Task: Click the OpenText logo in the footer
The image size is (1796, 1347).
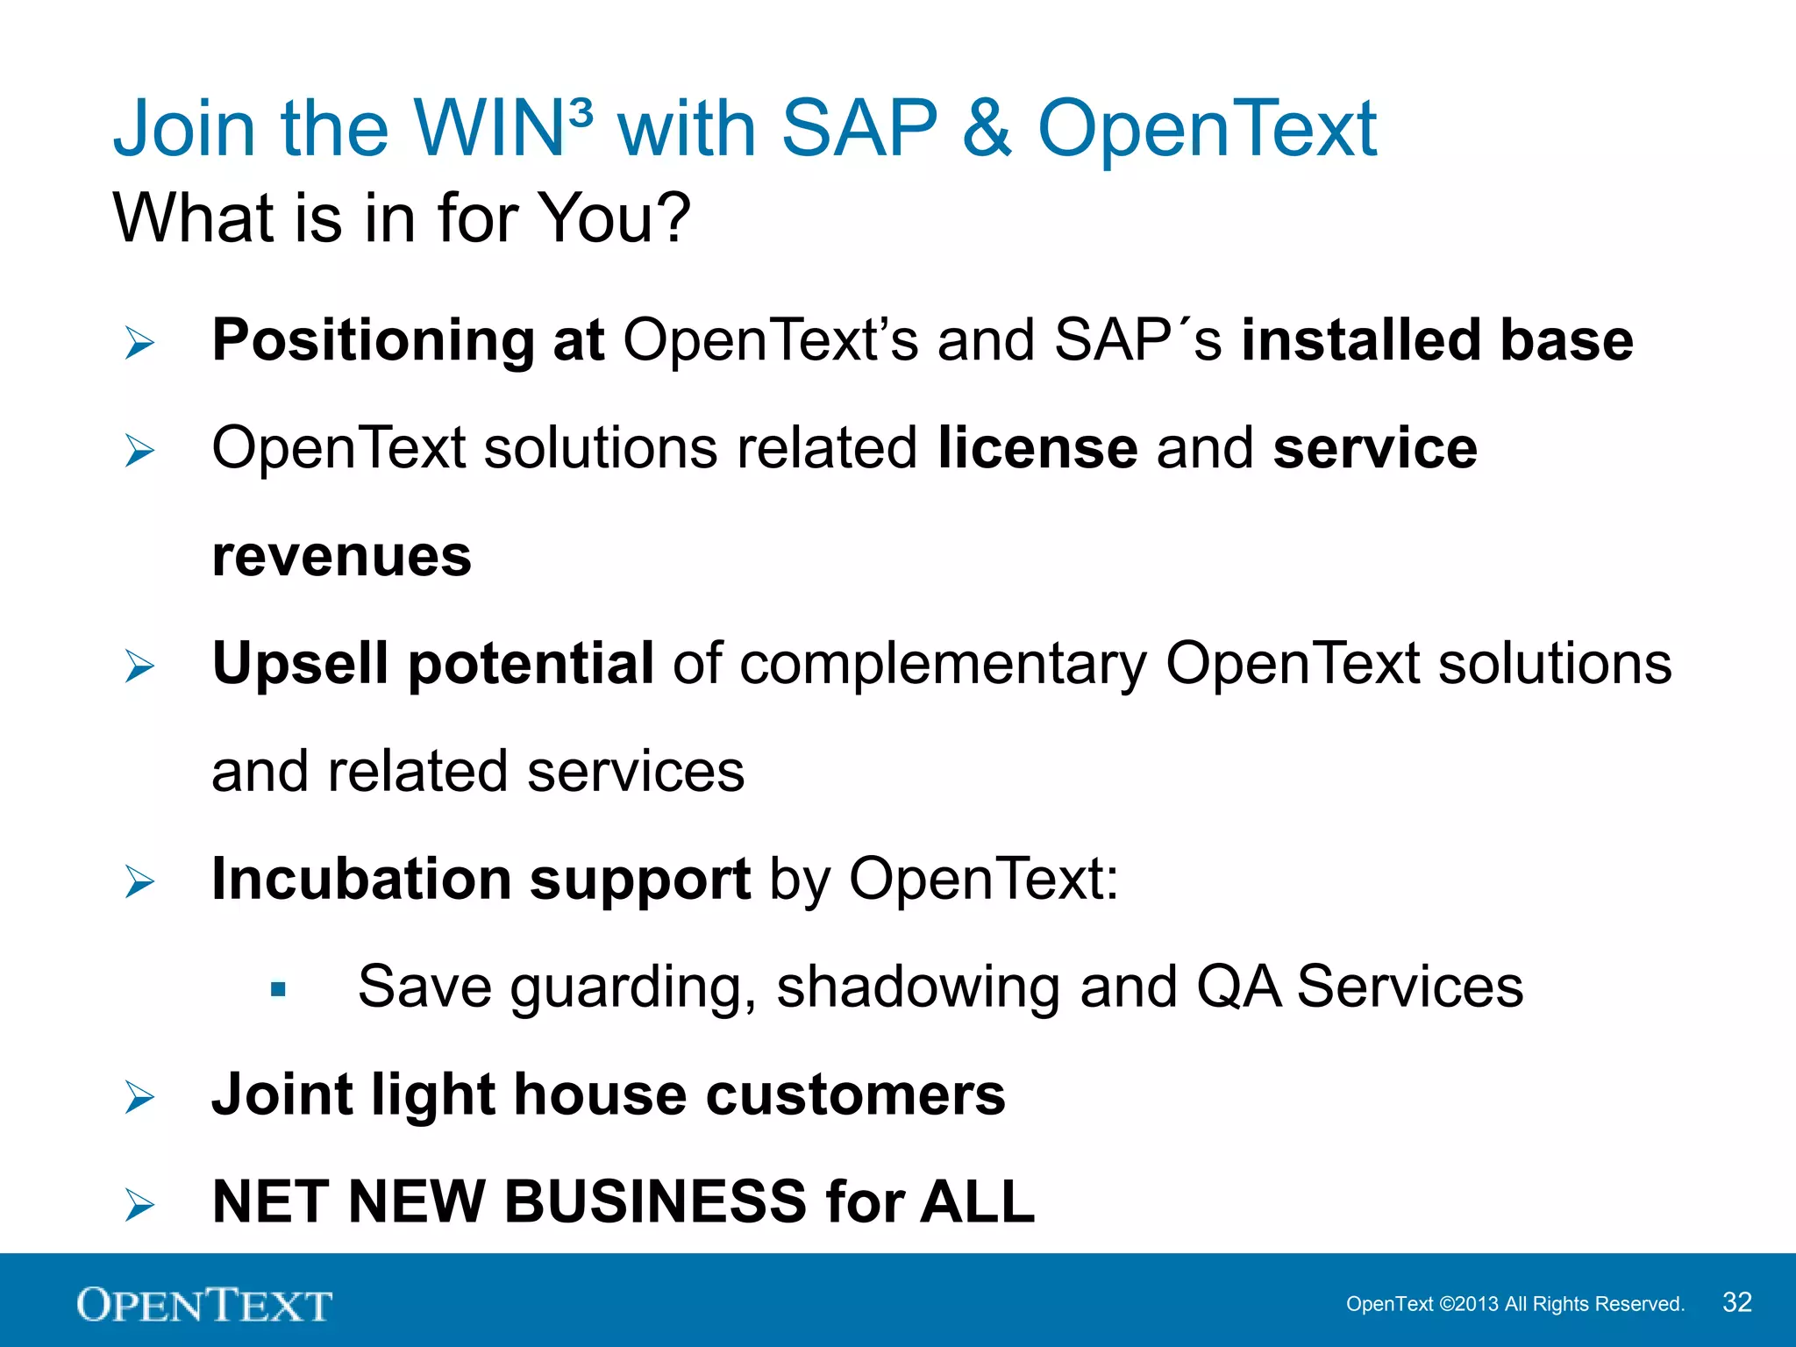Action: [x=203, y=1305]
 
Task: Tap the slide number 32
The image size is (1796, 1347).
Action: [x=1736, y=1302]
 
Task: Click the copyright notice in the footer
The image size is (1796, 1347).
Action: [x=1514, y=1304]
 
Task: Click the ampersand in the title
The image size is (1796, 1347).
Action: [x=987, y=129]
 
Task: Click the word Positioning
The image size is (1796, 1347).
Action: [x=373, y=340]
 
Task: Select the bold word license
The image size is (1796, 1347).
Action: [x=1037, y=448]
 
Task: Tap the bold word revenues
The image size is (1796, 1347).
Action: [x=341, y=556]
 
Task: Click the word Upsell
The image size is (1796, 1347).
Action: [x=300, y=663]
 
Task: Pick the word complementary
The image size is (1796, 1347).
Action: [x=943, y=665]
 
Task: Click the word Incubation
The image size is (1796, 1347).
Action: [x=361, y=879]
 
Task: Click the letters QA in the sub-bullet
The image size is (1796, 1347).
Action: [x=1238, y=987]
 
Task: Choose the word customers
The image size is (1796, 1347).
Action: [x=855, y=1095]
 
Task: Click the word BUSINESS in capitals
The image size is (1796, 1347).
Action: [x=655, y=1201]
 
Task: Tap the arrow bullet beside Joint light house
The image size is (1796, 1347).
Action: [x=139, y=1097]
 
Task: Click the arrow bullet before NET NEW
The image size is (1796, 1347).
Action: [x=139, y=1205]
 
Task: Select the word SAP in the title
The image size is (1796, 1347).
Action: [x=859, y=129]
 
